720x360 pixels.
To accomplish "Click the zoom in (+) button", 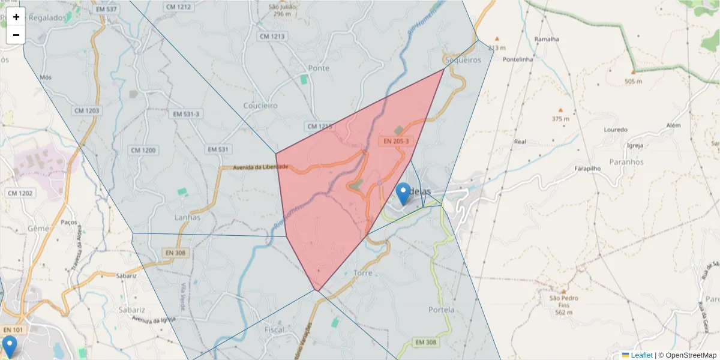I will tap(16, 17).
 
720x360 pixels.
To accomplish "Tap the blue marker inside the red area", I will tap(404, 194).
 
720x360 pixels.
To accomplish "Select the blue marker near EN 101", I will tap(10, 346).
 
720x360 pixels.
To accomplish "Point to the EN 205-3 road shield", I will tap(396, 142).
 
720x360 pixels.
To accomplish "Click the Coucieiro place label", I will tap(260, 106).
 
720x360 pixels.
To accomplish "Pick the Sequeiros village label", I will tap(463, 60).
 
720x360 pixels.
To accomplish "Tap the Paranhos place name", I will tap(626, 162).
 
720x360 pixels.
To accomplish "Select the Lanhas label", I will tap(187, 217).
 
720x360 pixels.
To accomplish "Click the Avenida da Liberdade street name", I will tap(261, 167).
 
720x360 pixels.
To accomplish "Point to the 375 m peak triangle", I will tap(560, 110).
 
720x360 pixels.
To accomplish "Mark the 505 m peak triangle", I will tap(633, 72).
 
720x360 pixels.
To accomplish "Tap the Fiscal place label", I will tap(274, 330).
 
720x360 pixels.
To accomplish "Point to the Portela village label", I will tap(442, 310).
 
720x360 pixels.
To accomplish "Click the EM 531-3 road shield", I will tap(187, 130).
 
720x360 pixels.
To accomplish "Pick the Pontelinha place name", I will tap(518, 59).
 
